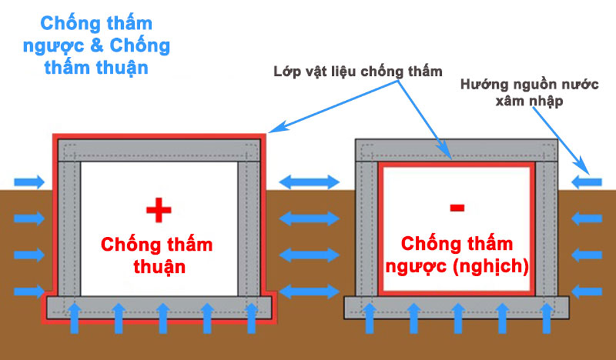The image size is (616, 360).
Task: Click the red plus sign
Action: (158, 210)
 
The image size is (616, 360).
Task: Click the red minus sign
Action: (458, 207)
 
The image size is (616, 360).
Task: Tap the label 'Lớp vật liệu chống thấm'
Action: (358, 71)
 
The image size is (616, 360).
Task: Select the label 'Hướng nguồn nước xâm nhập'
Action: (530, 92)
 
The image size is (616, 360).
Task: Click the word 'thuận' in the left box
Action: (159, 267)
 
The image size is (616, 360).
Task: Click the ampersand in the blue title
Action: (97, 46)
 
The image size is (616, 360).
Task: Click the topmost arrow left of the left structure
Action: (29, 182)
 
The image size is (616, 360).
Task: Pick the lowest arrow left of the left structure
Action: (29, 291)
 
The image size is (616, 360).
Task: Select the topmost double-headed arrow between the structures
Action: (309, 182)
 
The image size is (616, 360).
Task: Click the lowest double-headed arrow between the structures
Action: (309, 291)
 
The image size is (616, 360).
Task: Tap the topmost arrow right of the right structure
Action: (587, 182)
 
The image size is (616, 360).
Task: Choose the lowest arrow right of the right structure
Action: (587, 292)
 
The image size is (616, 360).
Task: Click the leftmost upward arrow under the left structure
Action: (75, 318)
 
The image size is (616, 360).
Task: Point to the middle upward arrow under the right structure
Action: (458, 318)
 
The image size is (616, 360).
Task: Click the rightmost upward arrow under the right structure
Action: (547, 318)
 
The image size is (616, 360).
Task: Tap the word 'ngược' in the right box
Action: (416, 268)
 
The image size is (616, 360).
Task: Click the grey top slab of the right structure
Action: (456, 150)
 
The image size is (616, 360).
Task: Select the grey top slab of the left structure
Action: (159, 150)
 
